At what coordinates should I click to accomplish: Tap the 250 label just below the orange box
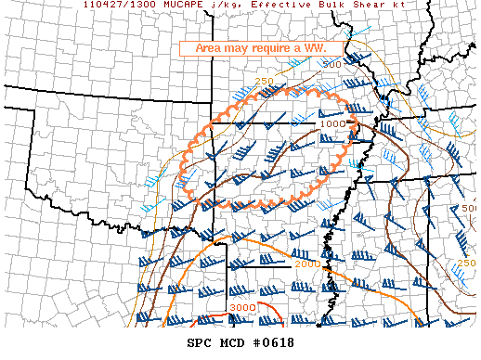tap(265, 82)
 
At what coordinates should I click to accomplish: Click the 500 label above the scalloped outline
tap(331, 65)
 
